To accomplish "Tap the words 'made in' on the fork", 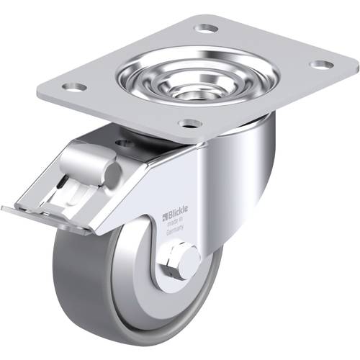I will coord(176,222).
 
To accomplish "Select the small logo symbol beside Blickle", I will coord(163,215).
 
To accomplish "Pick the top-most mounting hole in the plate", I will coord(207,28).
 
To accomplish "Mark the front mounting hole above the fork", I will coord(189,123).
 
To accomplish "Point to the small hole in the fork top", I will coord(128,144).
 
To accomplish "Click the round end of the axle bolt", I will coord(189,258).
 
